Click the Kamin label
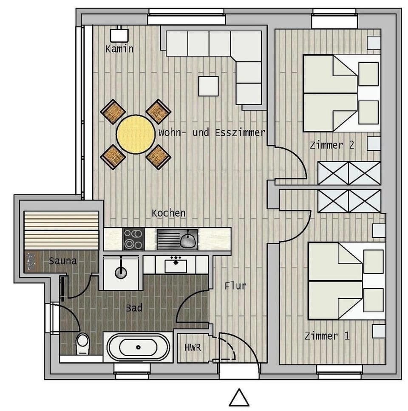(119, 49)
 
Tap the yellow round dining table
(136, 134)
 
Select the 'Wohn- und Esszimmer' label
(212, 132)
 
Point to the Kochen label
(169, 213)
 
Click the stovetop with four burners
(133, 239)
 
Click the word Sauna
(62, 261)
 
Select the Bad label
(134, 308)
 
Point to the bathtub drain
(138, 347)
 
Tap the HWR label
(193, 347)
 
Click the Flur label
(235, 286)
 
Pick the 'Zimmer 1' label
(327, 336)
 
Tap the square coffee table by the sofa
(208, 86)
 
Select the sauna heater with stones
(31, 261)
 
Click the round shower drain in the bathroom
(121, 272)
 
